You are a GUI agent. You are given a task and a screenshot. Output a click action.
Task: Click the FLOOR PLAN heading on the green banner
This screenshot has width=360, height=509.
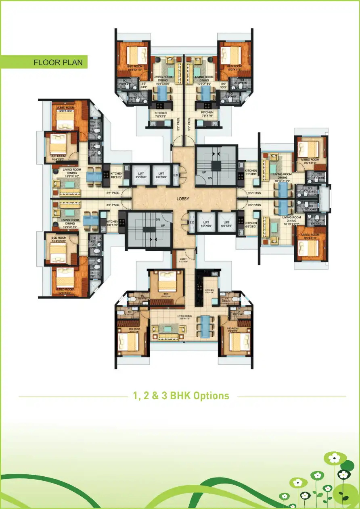coord(58,63)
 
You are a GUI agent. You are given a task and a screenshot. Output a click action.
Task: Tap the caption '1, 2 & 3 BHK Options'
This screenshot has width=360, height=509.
coord(181,395)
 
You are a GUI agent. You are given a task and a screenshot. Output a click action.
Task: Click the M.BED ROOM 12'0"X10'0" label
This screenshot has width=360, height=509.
coord(65,109)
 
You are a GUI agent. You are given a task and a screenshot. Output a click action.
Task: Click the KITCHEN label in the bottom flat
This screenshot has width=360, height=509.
coord(209,291)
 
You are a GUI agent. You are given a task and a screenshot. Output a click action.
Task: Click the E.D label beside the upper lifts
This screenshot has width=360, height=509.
coord(176,175)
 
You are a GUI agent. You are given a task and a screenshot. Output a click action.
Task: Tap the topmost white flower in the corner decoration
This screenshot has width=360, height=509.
coord(335,458)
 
